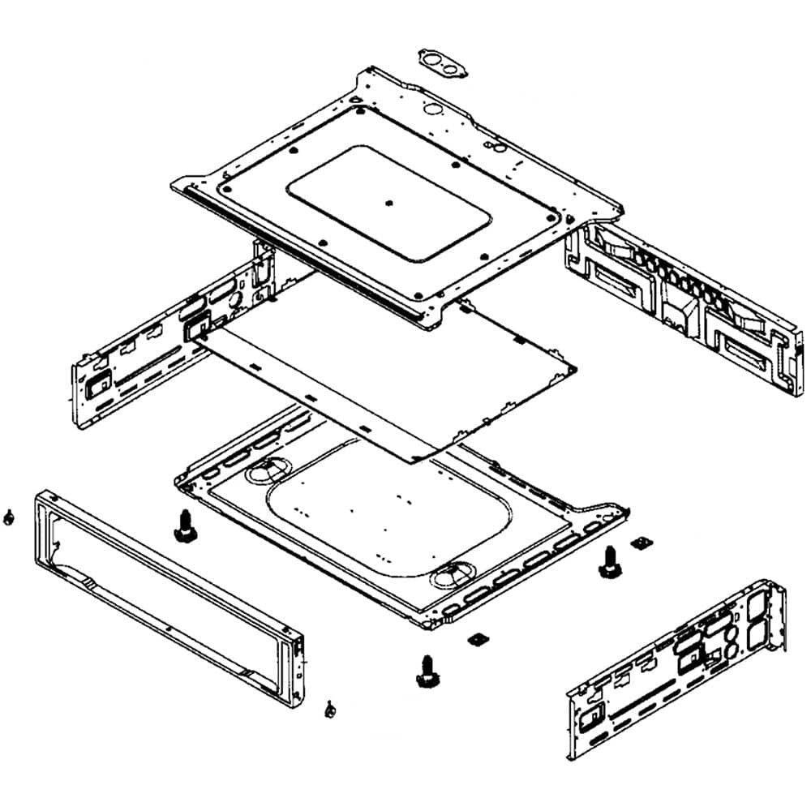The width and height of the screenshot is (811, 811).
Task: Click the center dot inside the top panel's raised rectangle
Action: (390, 203)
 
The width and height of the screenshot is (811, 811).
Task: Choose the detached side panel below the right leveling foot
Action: (677, 673)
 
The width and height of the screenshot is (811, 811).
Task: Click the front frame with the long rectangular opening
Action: (166, 584)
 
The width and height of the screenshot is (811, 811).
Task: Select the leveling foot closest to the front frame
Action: (183, 527)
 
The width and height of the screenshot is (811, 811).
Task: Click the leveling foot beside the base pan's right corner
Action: (607, 562)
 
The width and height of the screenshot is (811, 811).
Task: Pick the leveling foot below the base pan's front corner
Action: (424, 670)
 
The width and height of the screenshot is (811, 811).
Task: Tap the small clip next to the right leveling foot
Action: (643, 542)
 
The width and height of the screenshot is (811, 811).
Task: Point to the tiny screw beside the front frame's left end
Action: (8, 517)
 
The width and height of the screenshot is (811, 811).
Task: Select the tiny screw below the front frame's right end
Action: (330, 709)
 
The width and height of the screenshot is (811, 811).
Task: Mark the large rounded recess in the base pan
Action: (389, 519)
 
